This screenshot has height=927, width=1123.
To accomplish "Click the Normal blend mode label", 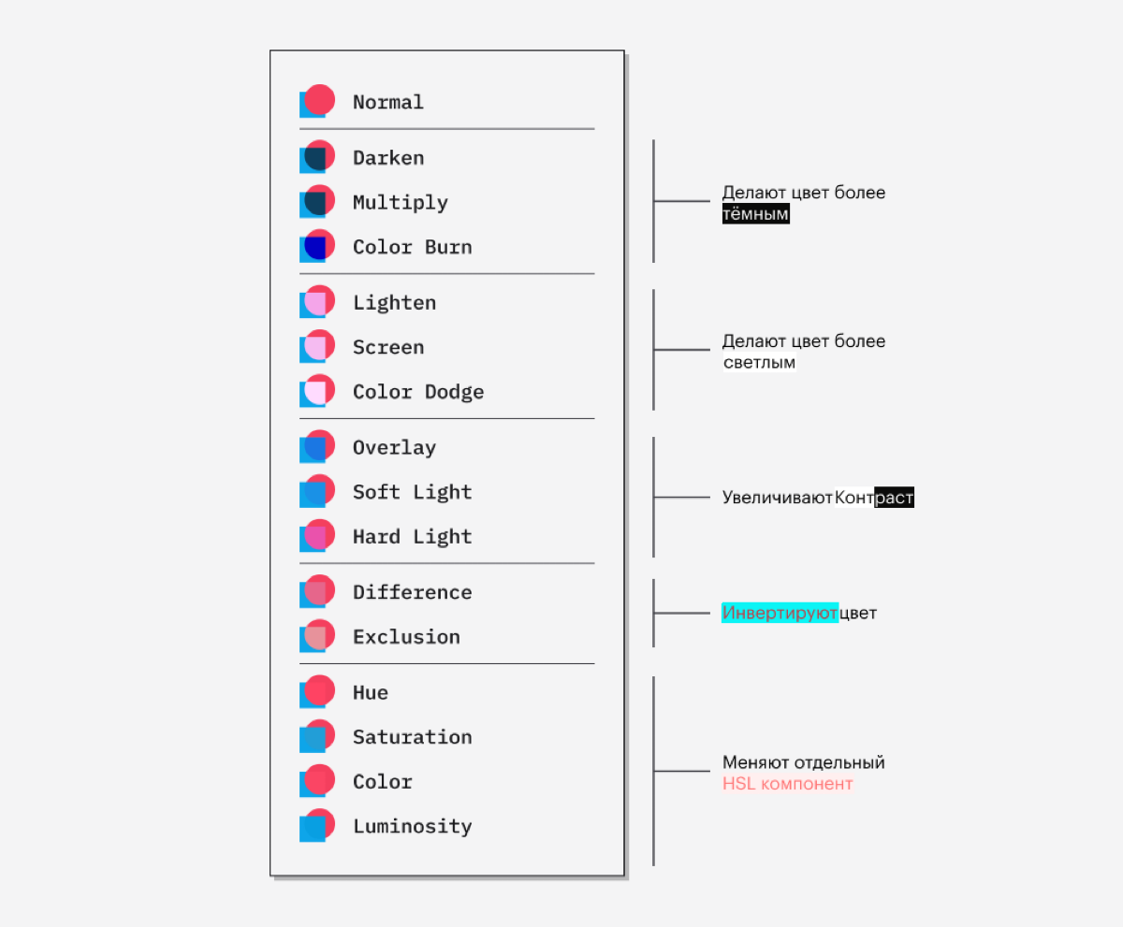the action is [387, 102].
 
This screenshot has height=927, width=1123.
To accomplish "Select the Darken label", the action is [388, 158].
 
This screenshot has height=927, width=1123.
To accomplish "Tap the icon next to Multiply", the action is [317, 201].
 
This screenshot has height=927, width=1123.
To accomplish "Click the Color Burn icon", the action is [317, 246].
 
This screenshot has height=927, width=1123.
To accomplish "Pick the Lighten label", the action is [394, 303].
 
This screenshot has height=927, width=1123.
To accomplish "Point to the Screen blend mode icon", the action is [317, 346].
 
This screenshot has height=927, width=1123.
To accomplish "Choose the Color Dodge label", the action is [418, 392].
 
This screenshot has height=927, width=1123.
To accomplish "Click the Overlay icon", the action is [317, 446].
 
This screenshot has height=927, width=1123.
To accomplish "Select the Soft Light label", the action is [412, 492].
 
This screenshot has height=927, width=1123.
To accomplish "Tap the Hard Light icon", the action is [317, 536].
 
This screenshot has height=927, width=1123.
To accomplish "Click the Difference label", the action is [412, 592].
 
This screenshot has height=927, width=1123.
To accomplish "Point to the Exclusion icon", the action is [317, 636].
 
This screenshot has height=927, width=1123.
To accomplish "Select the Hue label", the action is [370, 692].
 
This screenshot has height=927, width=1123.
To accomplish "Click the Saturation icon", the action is [317, 736].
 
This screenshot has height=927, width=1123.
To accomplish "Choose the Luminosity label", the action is [412, 827].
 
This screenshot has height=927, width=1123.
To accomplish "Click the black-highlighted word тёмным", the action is [755, 214].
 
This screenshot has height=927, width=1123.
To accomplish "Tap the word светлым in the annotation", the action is [759, 362].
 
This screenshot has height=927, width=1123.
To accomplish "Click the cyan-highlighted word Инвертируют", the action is [780, 613].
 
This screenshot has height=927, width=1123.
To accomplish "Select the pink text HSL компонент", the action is [787, 784].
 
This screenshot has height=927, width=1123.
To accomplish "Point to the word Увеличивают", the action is [777, 498].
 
